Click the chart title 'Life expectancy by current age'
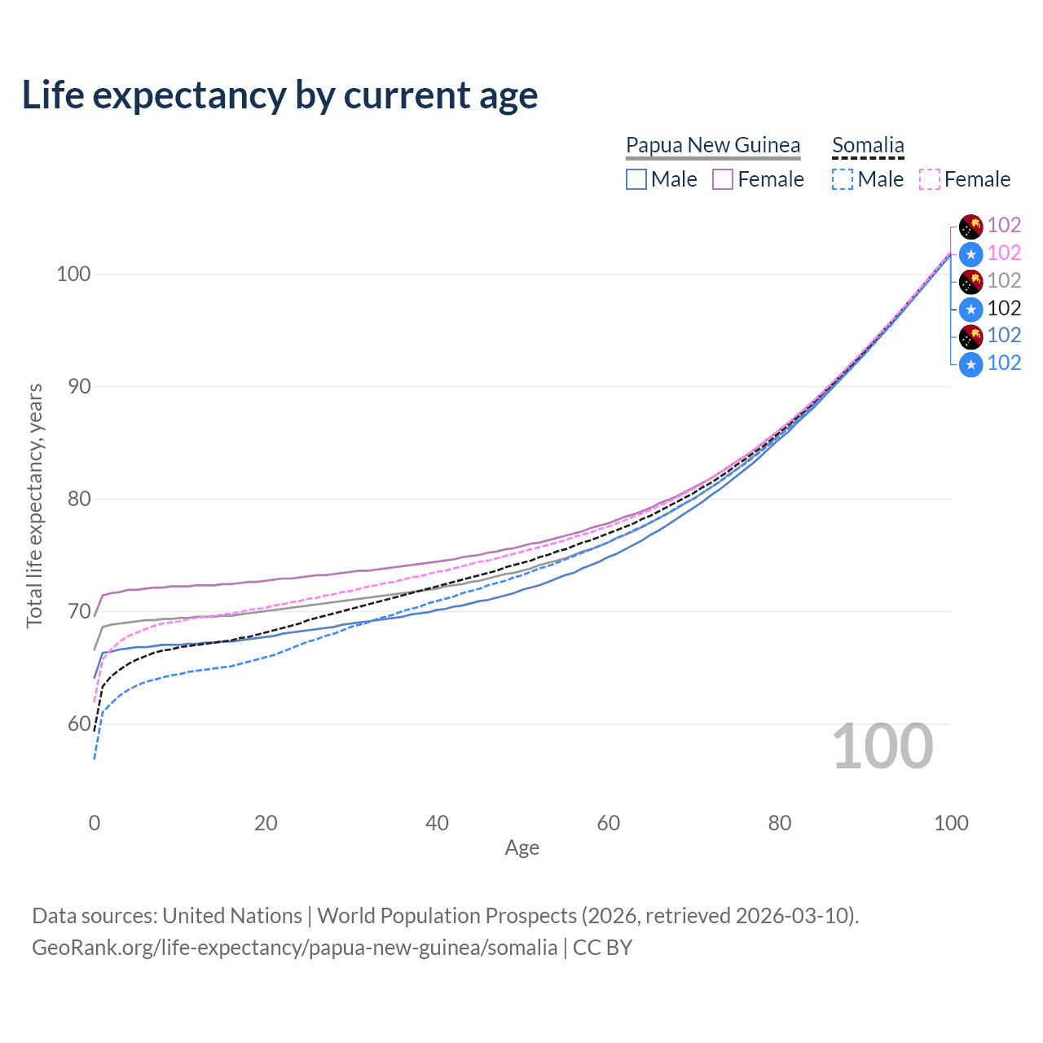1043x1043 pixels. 279,95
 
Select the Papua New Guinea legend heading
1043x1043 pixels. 713,145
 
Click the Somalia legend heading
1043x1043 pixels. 868,145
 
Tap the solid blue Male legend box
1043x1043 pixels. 636,179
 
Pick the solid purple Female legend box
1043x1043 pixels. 723,179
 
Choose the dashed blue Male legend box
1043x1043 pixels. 843,179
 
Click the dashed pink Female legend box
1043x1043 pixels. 930,179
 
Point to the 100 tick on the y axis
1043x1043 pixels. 73,274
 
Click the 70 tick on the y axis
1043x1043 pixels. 79,611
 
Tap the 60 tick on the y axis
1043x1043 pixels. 79,724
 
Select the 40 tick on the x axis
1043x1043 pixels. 437,823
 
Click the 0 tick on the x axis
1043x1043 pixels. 95,823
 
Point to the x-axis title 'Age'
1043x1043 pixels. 521,847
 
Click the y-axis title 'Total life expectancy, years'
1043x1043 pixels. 34,505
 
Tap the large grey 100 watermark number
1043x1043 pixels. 882,746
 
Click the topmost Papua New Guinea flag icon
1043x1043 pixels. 970,227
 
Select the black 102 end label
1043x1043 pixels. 1004,309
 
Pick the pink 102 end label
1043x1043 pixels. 1004,253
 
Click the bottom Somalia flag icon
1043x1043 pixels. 970,364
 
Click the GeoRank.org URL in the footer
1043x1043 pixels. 294,948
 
